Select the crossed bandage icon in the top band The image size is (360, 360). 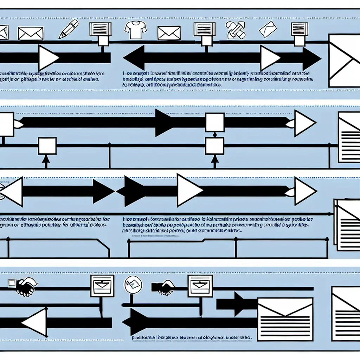235,30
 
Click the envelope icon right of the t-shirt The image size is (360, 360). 169,33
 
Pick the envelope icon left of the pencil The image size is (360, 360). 30,33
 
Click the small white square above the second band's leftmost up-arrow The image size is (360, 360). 47,146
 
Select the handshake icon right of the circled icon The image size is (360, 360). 164,287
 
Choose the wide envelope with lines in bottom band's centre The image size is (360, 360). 285,319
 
